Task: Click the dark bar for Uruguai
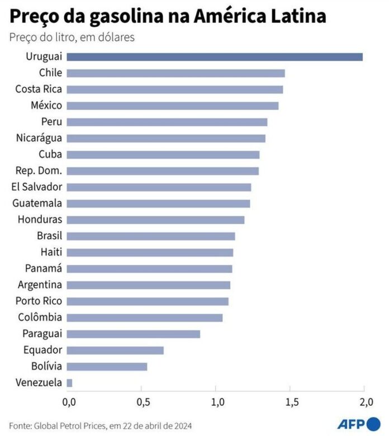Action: (215, 56)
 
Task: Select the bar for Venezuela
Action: (70, 383)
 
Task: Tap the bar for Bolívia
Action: (107, 367)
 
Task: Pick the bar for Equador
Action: (115, 350)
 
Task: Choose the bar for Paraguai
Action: (134, 334)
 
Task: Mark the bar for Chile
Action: (175, 73)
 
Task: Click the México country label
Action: (48, 105)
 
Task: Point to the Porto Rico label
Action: (39, 301)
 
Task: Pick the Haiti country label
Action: (51, 252)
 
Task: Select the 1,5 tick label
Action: (291, 402)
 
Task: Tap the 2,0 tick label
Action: (366, 402)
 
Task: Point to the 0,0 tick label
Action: (69, 402)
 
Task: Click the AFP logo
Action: (355, 423)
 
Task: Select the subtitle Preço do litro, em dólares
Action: (72, 37)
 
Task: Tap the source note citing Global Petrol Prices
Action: (101, 425)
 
